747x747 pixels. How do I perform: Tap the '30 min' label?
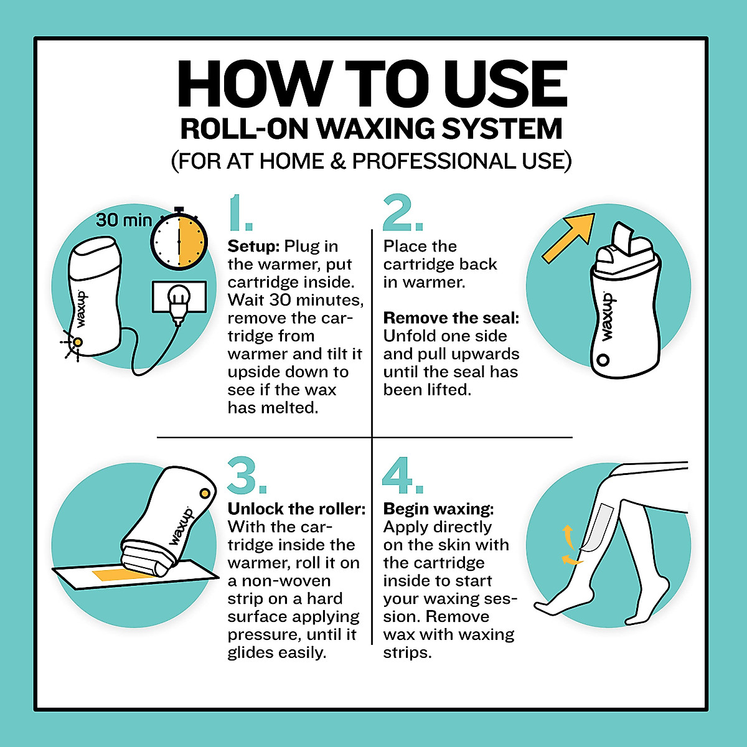[123, 220]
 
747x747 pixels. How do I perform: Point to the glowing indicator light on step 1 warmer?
[77, 342]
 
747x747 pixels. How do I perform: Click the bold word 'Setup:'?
[253, 246]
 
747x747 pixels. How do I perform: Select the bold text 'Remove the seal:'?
[451, 318]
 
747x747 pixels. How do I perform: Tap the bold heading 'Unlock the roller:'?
[296, 509]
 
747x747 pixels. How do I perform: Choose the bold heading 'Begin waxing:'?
[438, 509]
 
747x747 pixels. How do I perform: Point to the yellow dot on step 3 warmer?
[204, 493]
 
